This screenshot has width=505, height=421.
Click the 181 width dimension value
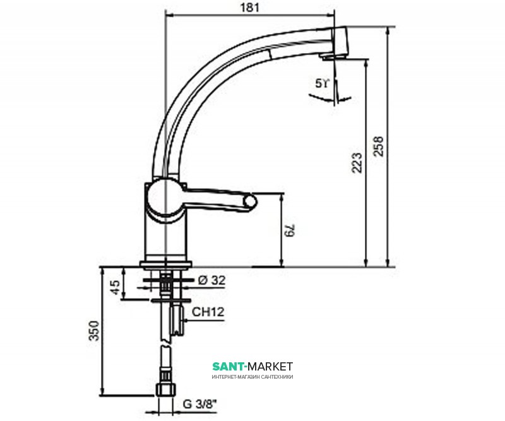249,7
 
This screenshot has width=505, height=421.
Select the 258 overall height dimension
378,146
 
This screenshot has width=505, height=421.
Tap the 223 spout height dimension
357,163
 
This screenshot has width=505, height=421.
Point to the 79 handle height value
290,231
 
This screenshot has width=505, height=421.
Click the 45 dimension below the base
115,287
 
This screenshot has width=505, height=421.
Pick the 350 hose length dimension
94,330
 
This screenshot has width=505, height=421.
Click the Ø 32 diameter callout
211,280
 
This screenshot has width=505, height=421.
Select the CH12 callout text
208,312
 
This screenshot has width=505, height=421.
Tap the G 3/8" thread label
200,404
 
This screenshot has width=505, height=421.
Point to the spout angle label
321,84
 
